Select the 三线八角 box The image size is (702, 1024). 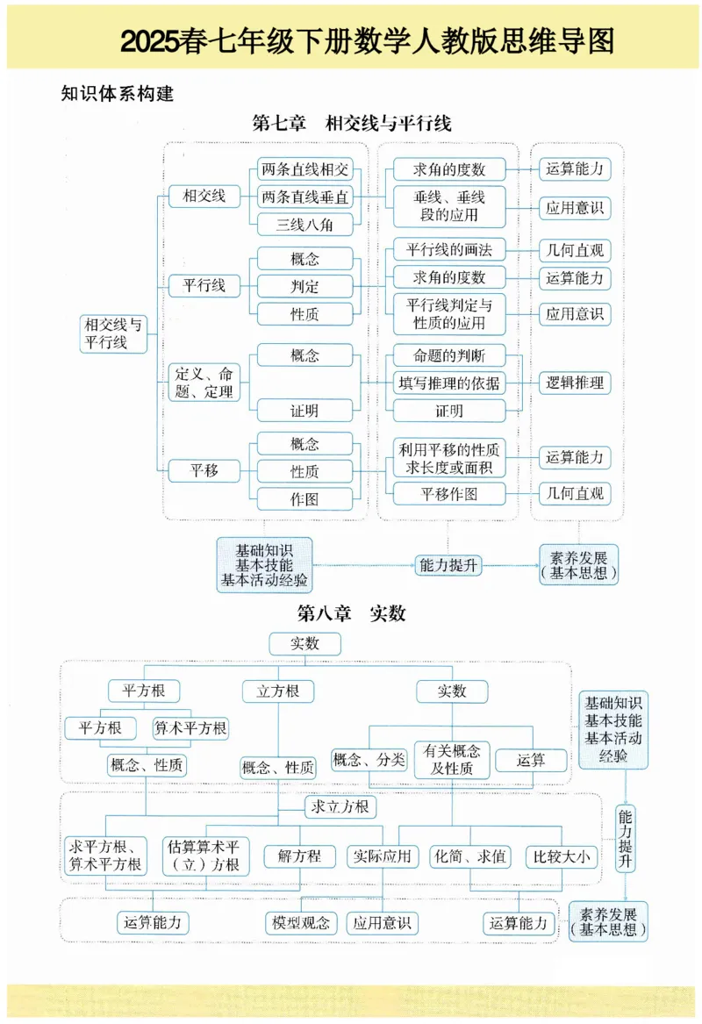(304, 224)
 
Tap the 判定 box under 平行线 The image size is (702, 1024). (304, 286)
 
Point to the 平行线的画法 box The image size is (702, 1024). (449, 250)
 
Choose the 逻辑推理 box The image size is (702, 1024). (575, 383)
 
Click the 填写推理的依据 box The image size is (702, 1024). (449, 383)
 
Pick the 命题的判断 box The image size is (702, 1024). (449, 355)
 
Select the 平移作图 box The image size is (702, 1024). (449, 494)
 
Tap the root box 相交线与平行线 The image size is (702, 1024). (111, 333)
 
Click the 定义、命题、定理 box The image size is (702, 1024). (204, 383)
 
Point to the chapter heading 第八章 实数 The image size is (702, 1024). (351, 613)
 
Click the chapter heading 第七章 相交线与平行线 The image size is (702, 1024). (351, 123)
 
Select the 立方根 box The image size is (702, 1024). (278, 691)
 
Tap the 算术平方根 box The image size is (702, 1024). (190, 728)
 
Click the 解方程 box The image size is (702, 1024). (299, 856)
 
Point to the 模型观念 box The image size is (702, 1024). (300, 922)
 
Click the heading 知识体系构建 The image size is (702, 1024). (118, 94)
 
